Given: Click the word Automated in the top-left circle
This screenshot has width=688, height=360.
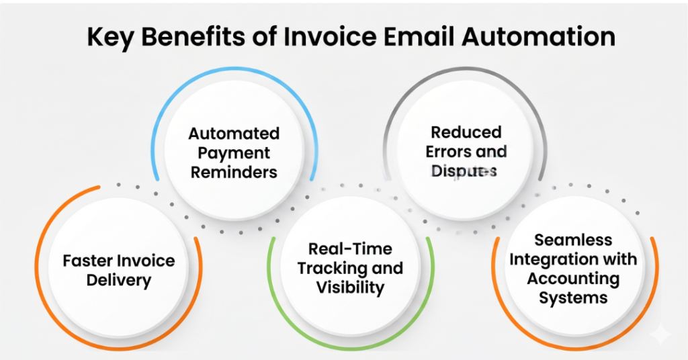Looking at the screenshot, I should click(x=233, y=133).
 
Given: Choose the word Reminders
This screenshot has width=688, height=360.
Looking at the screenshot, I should click(x=233, y=172).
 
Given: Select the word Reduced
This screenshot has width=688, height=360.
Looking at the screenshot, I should click(x=466, y=132).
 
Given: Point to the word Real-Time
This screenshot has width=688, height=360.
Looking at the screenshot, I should click(x=350, y=249).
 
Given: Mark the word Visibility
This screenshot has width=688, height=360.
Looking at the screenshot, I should click(x=350, y=288).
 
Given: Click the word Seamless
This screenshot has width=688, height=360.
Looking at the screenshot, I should click(x=573, y=240).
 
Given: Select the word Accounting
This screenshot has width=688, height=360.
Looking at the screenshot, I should click(x=573, y=278).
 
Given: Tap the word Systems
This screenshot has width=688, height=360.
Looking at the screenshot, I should click(x=573, y=297).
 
